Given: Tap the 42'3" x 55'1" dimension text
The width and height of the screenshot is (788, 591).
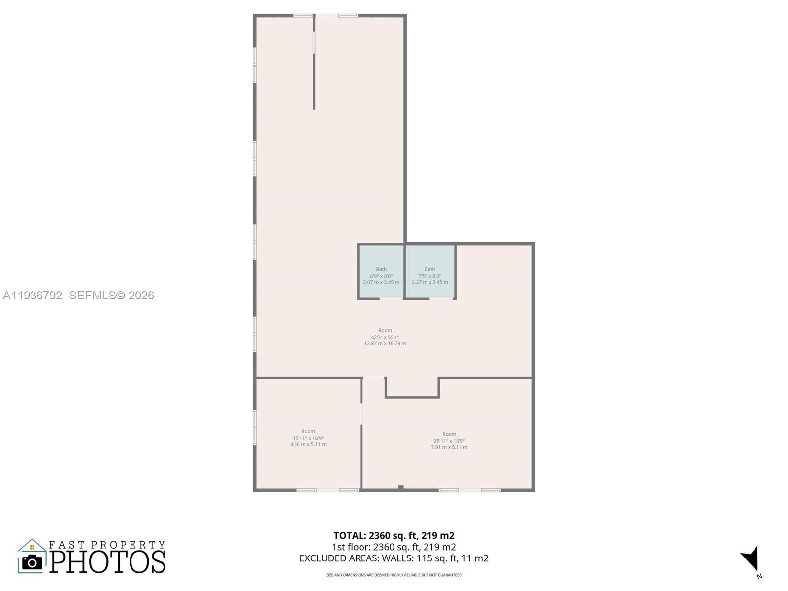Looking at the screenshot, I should pos(385,337).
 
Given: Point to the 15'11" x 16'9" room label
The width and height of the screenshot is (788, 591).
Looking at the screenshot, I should pos(308,438).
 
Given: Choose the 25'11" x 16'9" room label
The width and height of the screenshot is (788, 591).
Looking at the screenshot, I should pos(449,441).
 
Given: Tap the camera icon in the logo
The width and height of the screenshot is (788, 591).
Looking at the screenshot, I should pos(33,562).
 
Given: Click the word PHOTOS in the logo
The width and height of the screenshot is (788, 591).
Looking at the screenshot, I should pos(107,562).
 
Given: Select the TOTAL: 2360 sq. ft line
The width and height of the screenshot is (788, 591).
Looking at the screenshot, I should pos(394,535).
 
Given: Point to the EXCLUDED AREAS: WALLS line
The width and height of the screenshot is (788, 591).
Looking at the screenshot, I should pos(394,558).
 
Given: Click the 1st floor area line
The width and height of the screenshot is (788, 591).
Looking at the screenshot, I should pos(394,547).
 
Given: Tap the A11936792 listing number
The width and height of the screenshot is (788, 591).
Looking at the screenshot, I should pos(33,295).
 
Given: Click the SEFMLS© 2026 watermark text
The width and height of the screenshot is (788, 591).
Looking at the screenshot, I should pos(112,295).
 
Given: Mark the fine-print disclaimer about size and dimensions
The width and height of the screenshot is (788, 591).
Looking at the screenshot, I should pos(394,575).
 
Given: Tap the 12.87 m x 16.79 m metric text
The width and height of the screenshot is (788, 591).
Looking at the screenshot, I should pos(385,344).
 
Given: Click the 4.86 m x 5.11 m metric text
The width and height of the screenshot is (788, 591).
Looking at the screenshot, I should pos(308,444).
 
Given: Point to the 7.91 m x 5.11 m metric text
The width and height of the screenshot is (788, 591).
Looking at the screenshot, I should pos(449,447).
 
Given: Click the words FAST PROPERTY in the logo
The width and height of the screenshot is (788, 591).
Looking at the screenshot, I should pos(107,545).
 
